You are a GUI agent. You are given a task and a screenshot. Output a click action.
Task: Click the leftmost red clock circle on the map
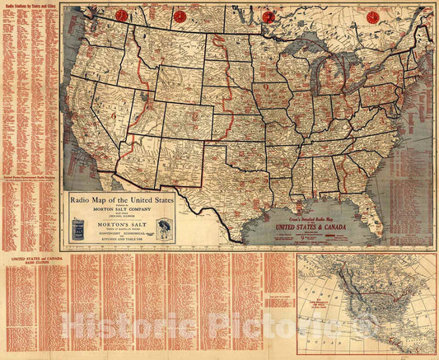click(x=121, y=16)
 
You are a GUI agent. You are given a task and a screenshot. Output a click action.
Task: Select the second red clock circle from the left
click(x=180, y=16)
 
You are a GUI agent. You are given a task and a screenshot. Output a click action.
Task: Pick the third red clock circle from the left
click(x=267, y=16)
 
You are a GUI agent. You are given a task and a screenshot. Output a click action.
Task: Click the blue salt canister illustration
click(x=78, y=229)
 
